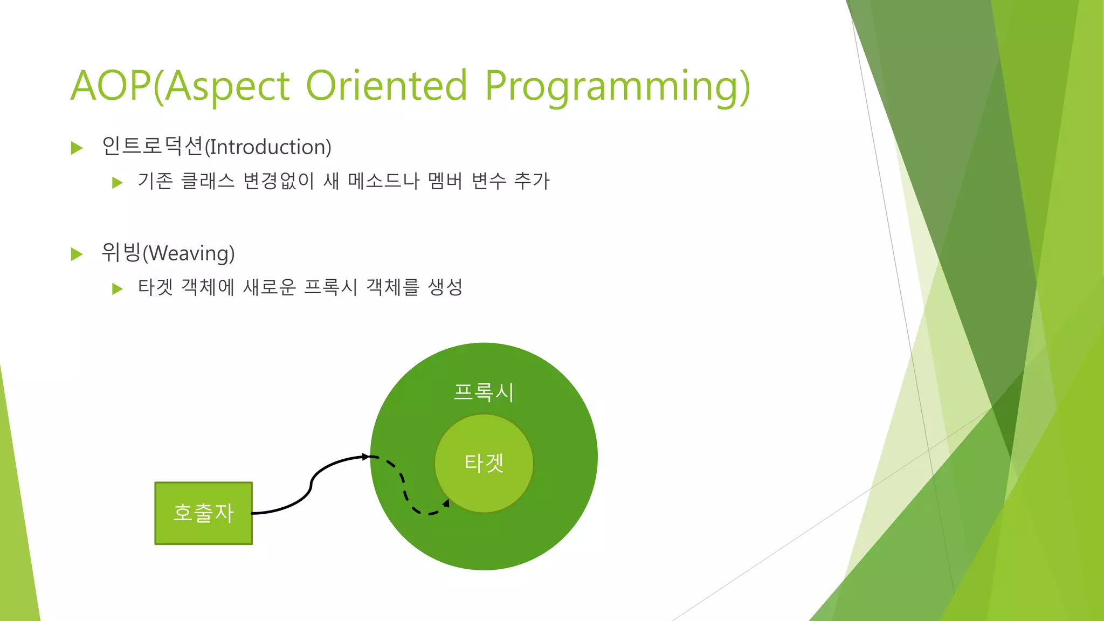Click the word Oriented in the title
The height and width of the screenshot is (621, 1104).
[386, 86]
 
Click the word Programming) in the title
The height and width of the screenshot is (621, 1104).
[617, 86]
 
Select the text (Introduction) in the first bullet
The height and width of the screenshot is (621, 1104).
[268, 147]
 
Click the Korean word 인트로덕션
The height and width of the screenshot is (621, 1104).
[153, 146]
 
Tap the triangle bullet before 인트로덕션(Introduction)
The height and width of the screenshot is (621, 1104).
[77, 148]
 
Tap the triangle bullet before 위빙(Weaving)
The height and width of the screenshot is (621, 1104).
[77, 254]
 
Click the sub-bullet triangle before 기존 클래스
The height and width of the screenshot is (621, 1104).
[117, 183]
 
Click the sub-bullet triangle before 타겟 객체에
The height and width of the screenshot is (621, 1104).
[117, 289]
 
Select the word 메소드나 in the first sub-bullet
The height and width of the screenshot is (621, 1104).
[383, 181]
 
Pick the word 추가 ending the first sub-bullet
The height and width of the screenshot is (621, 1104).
[532, 181]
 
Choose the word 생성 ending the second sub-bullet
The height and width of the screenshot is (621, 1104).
[445, 287]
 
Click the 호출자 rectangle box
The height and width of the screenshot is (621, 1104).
[203, 513]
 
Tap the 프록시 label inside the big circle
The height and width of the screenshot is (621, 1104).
[484, 392]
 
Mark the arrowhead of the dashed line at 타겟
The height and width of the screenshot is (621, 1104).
[446, 503]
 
